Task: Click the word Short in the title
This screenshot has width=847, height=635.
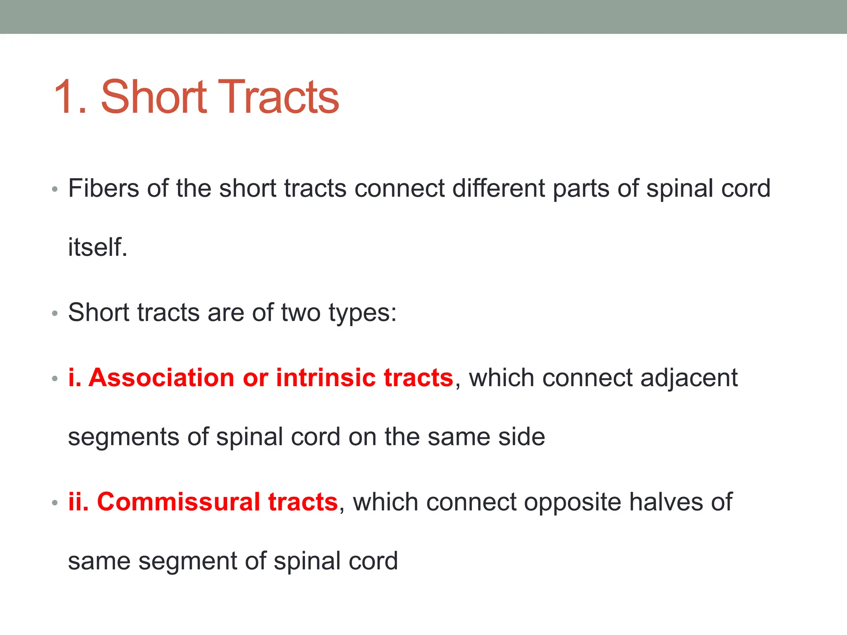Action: point(153,97)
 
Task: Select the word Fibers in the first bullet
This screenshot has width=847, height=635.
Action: point(103,189)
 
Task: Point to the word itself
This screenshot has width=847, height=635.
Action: point(98,247)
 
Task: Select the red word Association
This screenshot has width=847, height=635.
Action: point(162,378)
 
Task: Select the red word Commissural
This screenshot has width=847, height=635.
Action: point(178,502)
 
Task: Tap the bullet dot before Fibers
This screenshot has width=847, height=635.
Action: point(55,190)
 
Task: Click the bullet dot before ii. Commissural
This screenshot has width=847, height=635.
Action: point(55,504)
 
